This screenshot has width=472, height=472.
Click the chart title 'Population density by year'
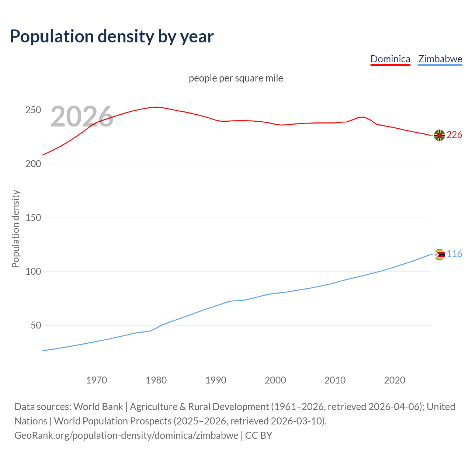click(112, 37)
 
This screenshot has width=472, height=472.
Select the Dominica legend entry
click(390, 59)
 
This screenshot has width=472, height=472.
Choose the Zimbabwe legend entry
click(440, 59)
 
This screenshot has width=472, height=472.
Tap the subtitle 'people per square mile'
click(236, 79)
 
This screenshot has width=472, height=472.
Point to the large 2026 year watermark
click(82, 117)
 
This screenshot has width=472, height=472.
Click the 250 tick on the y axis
click(33, 110)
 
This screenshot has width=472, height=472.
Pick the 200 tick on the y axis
click(33, 164)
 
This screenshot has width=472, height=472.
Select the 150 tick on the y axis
click(33, 218)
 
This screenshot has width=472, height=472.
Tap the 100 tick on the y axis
click(33, 272)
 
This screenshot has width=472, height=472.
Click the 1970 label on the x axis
click(97, 380)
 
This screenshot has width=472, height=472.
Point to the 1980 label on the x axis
click(156, 380)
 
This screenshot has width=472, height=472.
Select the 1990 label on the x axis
click(216, 380)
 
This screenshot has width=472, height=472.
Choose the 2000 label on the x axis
click(275, 380)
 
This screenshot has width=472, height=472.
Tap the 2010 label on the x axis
click(335, 380)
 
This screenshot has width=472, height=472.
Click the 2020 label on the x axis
click(395, 380)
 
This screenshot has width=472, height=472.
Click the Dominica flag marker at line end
click(439, 135)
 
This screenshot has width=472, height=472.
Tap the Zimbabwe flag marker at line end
click(439, 254)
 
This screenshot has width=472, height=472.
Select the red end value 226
click(454, 135)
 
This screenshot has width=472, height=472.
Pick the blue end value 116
click(454, 254)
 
